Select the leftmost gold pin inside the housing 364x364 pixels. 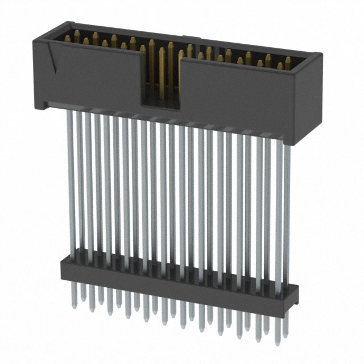pyautogui.click(x=76, y=39)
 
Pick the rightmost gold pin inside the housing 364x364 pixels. pyautogui.click(x=288, y=61)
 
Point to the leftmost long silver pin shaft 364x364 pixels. pyautogui.click(x=70, y=182)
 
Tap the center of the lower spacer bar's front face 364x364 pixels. pyautogui.click(x=176, y=279)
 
